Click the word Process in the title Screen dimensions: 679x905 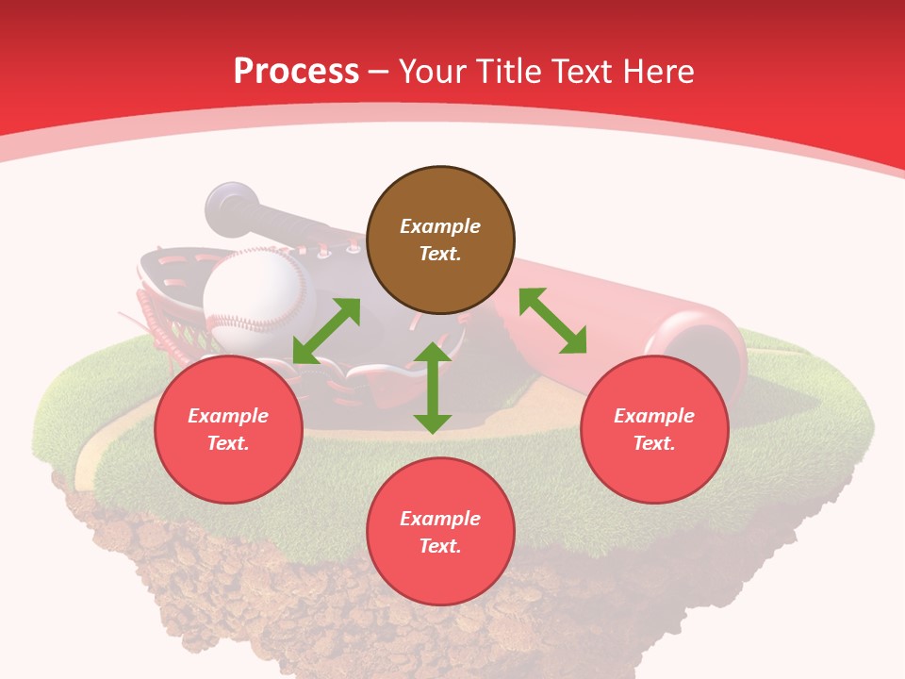click(x=296, y=72)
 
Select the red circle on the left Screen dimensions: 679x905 click(x=228, y=429)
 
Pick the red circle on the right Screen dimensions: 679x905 click(x=654, y=429)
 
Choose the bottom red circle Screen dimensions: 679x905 click(x=440, y=532)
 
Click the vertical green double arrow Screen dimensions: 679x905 click(x=433, y=388)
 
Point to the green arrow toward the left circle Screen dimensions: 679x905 click(x=326, y=331)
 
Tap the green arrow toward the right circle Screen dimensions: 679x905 click(x=552, y=321)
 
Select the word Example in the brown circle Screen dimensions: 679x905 click(x=440, y=226)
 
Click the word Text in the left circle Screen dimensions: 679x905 click(x=228, y=443)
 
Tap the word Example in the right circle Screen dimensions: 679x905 click(x=654, y=416)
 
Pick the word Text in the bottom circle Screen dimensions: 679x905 click(x=440, y=546)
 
